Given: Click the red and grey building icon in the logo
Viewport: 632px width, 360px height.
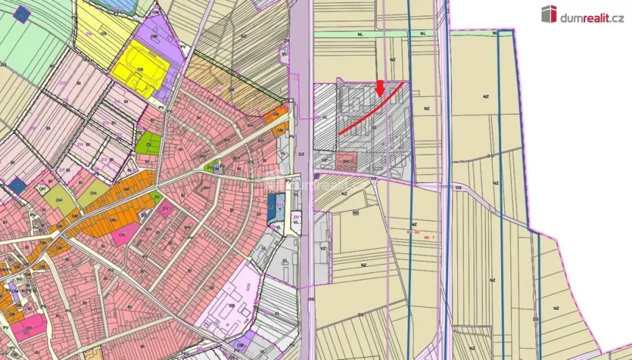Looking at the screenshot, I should click(x=548, y=14).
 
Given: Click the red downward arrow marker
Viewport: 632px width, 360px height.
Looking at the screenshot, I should click(x=380, y=88).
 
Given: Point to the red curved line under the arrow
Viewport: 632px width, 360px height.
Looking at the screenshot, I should click(x=370, y=108).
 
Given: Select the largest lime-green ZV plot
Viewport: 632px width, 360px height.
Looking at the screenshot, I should click(x=149, y=143).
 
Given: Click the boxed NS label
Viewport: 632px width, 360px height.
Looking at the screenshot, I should click(x=356, y=212).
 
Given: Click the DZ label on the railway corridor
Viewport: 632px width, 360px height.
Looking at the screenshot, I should click(x=302, y=154).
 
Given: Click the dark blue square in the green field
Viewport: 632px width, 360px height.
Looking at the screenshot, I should click(x=24, y=15).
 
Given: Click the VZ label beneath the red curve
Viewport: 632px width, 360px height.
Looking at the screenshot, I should click(x=374, y=128).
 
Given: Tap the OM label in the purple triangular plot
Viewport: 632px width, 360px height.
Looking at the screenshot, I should click(x=153, y=36).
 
